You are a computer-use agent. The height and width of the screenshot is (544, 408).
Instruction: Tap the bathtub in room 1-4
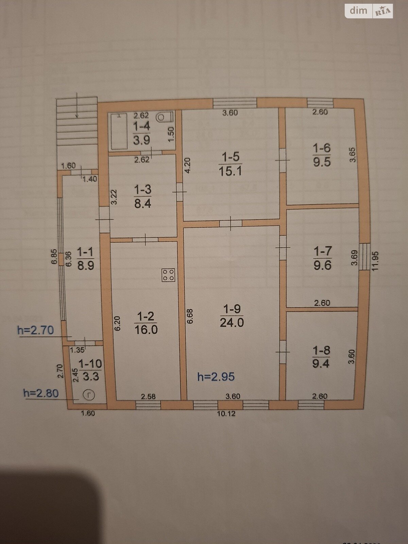119,131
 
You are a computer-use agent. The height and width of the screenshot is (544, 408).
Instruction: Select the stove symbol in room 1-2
168,275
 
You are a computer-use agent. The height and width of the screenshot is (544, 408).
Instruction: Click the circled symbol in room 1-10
89,395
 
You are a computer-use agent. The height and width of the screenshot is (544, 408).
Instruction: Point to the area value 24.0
232,323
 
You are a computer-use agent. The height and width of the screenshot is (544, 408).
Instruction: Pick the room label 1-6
322,149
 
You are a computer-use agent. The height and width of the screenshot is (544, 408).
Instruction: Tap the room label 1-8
321,351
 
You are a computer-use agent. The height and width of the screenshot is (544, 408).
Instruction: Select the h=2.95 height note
216,377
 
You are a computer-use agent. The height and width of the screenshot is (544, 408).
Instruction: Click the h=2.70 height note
35,330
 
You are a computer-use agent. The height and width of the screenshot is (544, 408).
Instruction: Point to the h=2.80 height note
41,393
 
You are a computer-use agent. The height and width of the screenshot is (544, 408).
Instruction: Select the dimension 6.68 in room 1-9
190,316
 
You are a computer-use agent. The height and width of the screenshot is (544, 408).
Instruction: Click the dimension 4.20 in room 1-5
188,166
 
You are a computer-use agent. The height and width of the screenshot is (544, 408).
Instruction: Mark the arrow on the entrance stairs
77,105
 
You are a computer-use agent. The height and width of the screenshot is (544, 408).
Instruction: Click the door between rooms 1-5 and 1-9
231,223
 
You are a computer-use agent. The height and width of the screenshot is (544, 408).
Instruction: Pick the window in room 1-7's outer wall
364,257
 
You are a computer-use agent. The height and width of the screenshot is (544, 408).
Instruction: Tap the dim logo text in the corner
358,11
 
